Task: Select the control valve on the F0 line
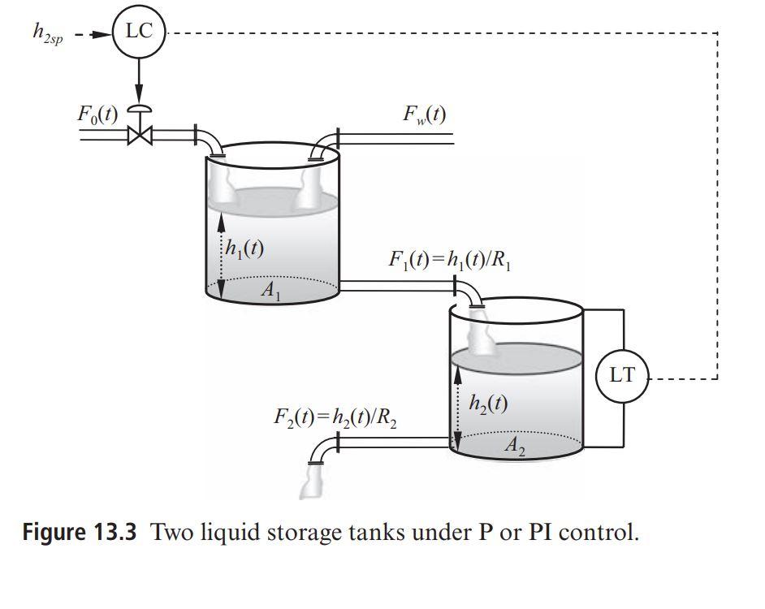click(139, 133)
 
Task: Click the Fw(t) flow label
click(423, 114)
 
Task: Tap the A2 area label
click(513, 446)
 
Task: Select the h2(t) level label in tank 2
click(488, 404)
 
